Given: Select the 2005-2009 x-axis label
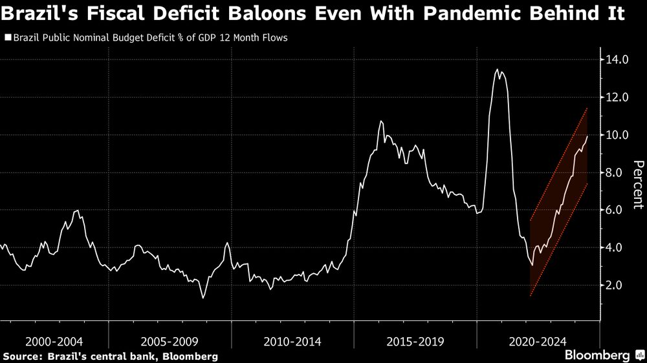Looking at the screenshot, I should (170, 341).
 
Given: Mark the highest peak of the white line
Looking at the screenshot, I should (497, 70).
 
